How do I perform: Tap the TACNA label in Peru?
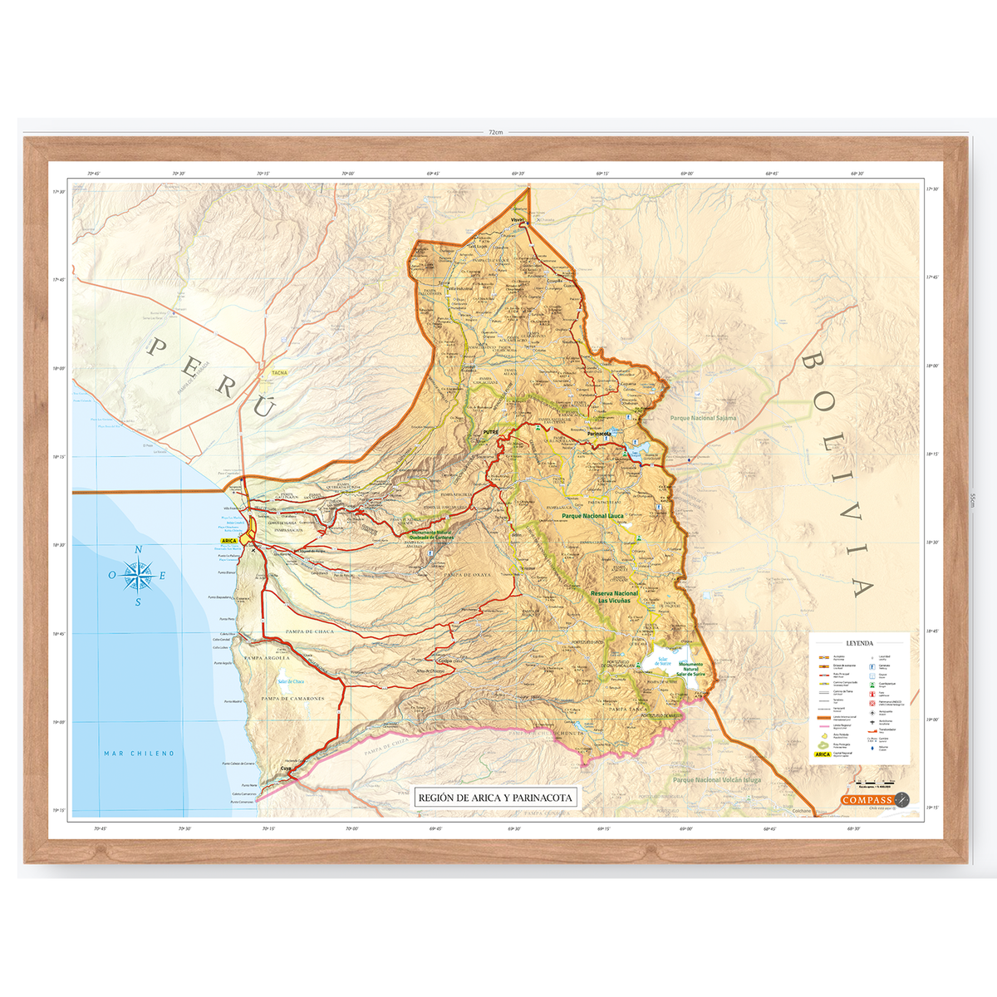click(279, 373)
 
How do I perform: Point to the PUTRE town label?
click(489, 432)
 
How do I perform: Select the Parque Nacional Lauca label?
click(592, 516)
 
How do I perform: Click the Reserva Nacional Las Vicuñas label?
click(614, 597)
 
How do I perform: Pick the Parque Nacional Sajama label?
click(703, 419)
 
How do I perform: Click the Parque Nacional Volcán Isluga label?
click(716, 780)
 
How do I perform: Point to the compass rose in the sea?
click(138, 575)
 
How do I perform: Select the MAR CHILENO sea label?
click(139, 754)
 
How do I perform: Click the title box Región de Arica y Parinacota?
click(495, 798)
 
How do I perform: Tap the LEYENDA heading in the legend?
click(859, 643)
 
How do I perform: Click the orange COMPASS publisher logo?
click(867, 800)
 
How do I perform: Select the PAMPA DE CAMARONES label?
click(292, 699)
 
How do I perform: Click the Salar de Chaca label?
click(291, 681)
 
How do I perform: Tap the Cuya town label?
click(286, 769)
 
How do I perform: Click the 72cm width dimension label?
click(496, 132)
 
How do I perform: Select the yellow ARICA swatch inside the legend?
click(823, 754)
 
